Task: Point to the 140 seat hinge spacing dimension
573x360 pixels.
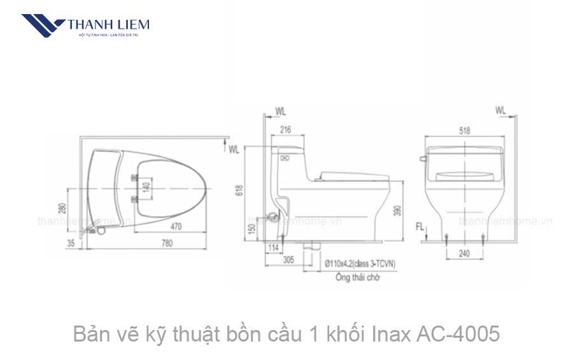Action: coord(145,188)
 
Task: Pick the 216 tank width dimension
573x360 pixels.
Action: coord(285,130)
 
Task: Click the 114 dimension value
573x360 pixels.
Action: coord(275,247)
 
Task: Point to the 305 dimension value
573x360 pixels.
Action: coord(288,261)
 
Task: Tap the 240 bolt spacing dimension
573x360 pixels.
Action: coord(465,253)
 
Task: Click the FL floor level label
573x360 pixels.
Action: coord(419,227)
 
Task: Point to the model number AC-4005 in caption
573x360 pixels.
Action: coord(456,333)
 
